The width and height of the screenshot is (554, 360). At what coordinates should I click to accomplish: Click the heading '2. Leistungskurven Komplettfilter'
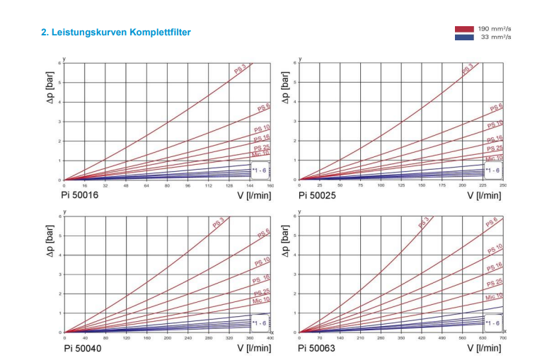(x=115, y=33)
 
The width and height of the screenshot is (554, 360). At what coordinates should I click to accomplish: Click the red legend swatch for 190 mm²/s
(x=464, y=29)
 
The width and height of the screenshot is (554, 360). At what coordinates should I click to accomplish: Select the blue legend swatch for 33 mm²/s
(x=464, y=37)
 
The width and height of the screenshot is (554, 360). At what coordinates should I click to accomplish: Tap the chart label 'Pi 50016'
(x=81, y=194)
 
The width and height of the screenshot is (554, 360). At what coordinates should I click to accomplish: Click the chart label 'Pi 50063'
(x=316, y=348)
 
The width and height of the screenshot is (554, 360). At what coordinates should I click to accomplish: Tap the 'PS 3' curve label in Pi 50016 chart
(x=241, y=69)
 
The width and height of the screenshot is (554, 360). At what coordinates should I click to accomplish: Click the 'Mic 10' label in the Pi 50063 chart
(x=494, y=298)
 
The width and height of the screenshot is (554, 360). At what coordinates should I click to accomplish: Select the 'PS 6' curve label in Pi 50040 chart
(x=262, y=233)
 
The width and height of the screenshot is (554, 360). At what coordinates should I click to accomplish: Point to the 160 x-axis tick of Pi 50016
(x=270, y=186)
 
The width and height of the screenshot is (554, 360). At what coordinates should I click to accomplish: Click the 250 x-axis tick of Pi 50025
(x=503, y=186)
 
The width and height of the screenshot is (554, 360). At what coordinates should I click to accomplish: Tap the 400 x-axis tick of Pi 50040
(x=270, y=339)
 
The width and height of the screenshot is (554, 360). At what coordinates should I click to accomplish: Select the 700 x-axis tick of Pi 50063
(x=503, y=339)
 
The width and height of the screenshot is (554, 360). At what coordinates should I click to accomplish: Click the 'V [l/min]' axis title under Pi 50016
(x=254, y=195)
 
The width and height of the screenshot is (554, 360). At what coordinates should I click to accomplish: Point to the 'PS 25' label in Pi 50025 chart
(x=495, y=149)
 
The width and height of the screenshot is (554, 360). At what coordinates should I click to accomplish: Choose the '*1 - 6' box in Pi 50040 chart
(x=259, y=323)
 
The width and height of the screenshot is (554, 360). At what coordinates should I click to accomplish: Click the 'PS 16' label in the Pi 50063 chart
(x=495, y=267)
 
